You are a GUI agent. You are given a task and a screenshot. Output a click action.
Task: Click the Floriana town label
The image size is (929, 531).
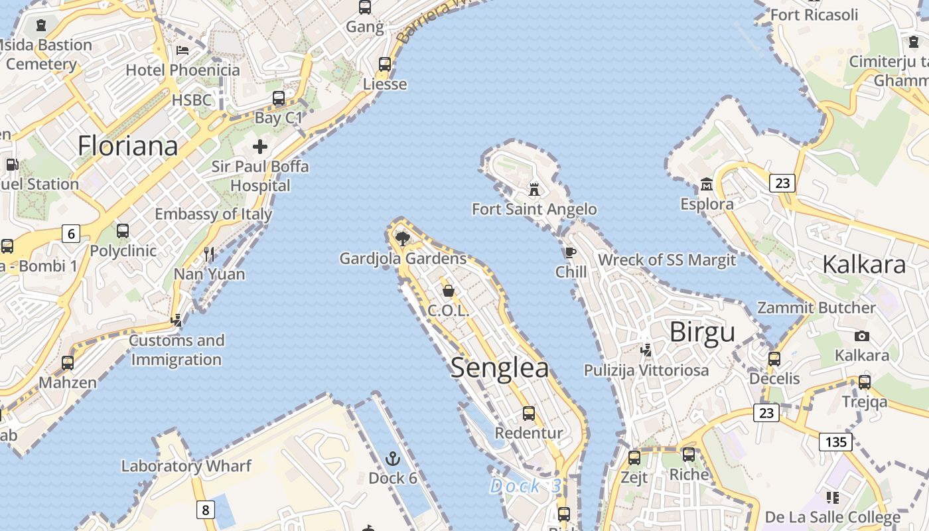pos(127,146)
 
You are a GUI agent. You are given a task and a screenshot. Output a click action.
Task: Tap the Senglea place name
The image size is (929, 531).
pos(500,368)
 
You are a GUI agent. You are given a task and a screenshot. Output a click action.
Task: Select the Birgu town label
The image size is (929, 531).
pos(702,332)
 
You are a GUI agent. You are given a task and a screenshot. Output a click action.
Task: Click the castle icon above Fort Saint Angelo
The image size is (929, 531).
pos(534,190)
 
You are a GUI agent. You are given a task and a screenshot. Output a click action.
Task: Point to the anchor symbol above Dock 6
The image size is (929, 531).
pos(393,459)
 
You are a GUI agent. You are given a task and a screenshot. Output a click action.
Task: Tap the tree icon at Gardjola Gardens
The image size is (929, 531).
pos(401,238)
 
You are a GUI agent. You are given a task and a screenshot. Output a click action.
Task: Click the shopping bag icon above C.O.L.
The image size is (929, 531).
pos(449,291)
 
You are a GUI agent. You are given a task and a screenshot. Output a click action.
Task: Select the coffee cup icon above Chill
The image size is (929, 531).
pos(570,252)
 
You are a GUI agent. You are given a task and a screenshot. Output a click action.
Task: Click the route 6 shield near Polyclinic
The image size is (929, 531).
pos(71,233)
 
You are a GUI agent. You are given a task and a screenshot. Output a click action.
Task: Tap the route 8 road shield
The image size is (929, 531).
pos(206,510)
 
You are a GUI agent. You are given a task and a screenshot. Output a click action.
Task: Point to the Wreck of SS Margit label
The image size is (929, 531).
pos(667,260)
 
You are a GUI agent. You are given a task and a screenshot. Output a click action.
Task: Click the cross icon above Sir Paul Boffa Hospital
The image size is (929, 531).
pos(260,147)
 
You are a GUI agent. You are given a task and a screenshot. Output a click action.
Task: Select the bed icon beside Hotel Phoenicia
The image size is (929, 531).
pos(182,50)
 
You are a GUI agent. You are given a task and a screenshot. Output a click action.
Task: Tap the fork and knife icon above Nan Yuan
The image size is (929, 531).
pos(209,254)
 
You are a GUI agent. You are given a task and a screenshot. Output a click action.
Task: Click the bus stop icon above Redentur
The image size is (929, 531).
pos(529,414)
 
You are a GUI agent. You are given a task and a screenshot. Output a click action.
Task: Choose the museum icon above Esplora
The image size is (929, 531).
pos(707,184)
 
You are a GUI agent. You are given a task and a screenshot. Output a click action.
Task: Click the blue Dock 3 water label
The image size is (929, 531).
pos(525,487)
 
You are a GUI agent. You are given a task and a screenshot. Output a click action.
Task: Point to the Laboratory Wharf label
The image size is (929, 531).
pos(186,466)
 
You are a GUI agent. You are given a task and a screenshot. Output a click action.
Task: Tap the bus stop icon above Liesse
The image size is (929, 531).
pos(385,64)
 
